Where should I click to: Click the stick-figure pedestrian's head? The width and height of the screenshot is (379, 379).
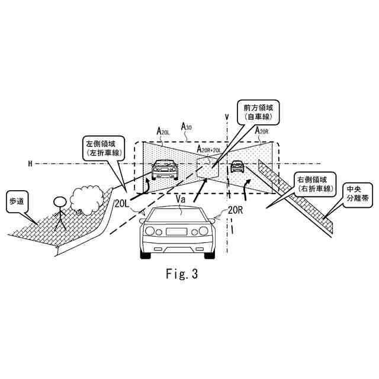[x=59, y=202]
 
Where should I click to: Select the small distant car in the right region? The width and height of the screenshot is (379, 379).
[x=237, y=166]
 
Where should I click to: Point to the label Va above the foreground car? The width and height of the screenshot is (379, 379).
[x=181, y=200]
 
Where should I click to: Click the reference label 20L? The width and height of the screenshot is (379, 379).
[x=123, y=204]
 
